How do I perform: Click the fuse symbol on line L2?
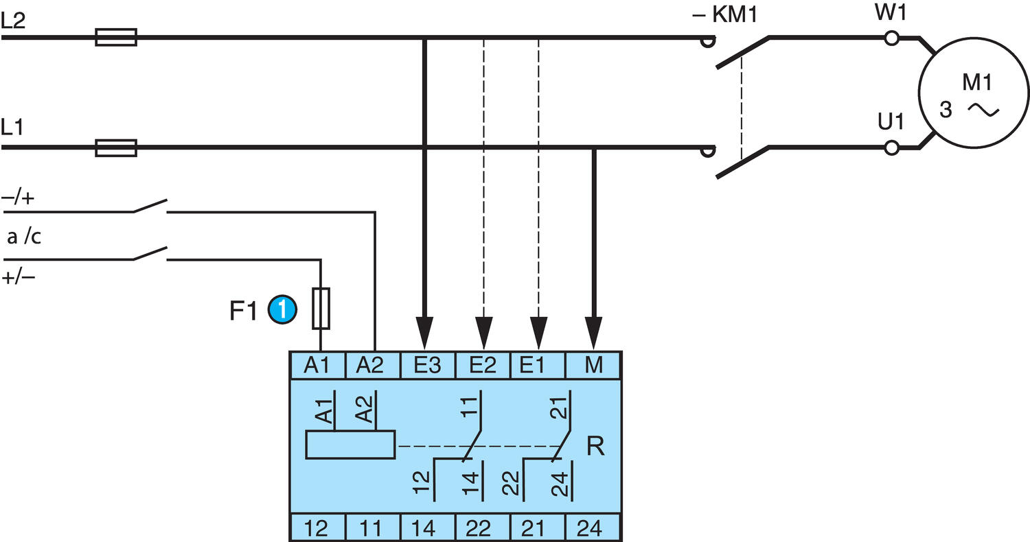[x=115, y=37]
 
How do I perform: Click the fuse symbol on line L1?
[x=115, y=147]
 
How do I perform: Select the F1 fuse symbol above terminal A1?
[x=321, y=309]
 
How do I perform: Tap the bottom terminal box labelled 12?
[x=316, y=528]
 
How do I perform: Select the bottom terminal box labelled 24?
[x=593, y=528]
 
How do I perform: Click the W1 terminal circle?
[x=892, y=38]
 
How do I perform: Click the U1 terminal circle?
[x=892, y=147]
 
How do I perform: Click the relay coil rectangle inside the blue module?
[x=350, y=445]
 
